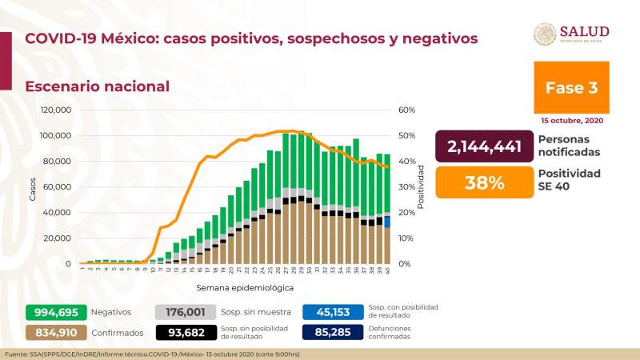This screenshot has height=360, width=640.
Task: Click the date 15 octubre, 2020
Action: click(571, 121)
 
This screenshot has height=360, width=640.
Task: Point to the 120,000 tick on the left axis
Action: click(56, 110)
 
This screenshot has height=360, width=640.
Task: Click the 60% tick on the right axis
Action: click(406, 110)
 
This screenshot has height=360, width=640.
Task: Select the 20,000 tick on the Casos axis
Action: click(58, 238)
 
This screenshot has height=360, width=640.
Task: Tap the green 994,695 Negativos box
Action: click(55, 313)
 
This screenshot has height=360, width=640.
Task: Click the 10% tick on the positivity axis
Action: click(406, 238)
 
